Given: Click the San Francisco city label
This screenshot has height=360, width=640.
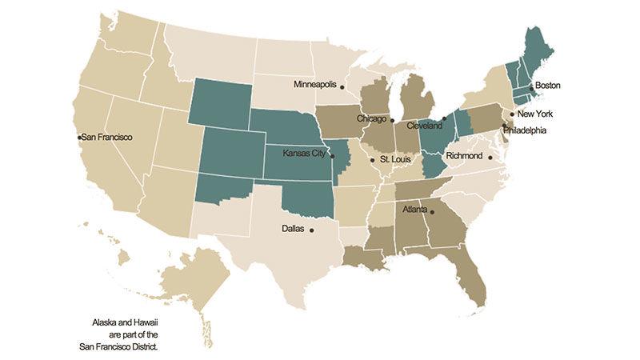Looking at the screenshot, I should [108, 138].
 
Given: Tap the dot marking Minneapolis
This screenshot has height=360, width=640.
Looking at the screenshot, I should [342, 86].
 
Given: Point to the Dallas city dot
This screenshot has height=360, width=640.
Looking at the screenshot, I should [311, 230].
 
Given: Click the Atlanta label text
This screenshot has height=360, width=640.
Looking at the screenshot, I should [414, 211].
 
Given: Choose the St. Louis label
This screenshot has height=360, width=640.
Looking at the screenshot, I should [396, 160].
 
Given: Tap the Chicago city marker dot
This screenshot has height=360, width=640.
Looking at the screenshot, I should [392, 121].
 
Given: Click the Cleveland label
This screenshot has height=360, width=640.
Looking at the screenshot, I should [424, 126].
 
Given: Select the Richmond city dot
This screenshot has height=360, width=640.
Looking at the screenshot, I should [490, 157].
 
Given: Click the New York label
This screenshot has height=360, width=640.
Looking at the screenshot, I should [535, 114].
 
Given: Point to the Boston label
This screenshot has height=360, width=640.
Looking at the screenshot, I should [548, 85].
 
